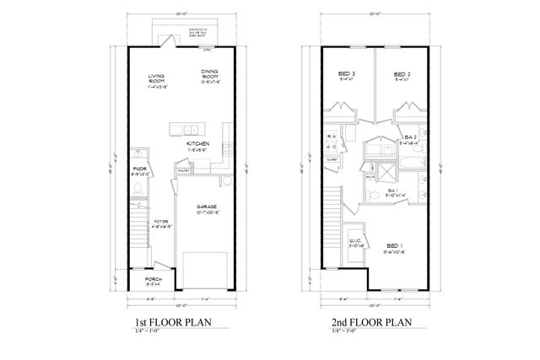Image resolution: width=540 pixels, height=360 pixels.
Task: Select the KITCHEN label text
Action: (197, 144)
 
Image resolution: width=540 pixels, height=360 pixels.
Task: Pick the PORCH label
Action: (152, 278)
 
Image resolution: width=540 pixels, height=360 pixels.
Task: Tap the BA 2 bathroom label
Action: (411, 137)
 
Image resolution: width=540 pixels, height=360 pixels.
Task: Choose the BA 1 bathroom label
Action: (393, 191)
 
